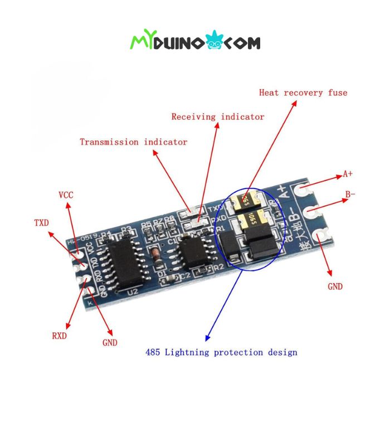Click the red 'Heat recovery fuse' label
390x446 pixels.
click(x=303, y=93)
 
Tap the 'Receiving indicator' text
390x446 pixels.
click(x=217, y=117)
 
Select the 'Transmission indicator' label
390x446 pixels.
click(x=133, y=142)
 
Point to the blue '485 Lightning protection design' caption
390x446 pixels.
click(x=221, y=352)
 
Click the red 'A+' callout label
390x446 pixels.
click(x=348, y=174)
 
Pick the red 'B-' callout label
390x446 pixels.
click(x=350, y=195)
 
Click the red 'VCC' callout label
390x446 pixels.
click(x=66, y=195)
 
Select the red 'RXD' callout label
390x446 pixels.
click(x=59, y=336)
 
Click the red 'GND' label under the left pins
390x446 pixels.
click(x=110, y=343)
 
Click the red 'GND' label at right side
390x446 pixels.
click(x=335, y=287)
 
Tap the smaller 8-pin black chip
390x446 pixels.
click(x=193, y=254)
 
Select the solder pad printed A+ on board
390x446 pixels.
click(x=303, y=191)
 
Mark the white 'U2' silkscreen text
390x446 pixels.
click(x=133, y=292)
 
